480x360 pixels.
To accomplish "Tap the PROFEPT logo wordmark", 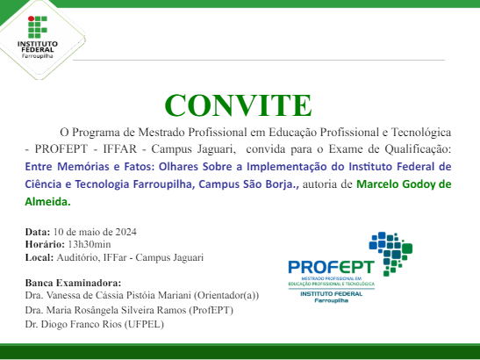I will pyautogui.click(x=331, y=266).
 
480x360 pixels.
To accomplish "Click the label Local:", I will pyautogui.click(x=40, y=257).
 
